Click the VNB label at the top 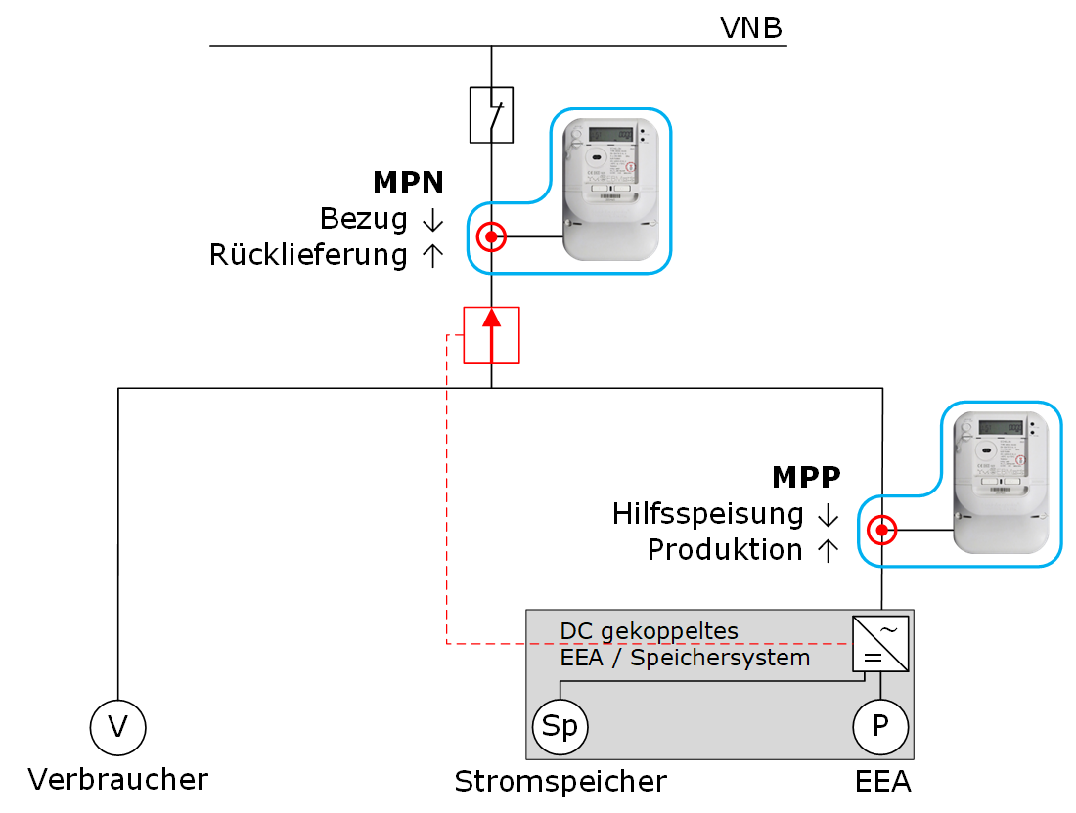coord(750,28)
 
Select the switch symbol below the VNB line coord(491,115)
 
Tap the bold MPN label coord(408,182)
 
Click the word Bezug coord(364,219)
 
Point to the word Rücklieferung coord(308,255)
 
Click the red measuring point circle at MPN coord(491,236)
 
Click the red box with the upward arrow coord(491,334)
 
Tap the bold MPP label coord(806,477)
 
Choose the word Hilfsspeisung coord(708,513)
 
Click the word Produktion coord(725,549)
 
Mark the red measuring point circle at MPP coord(882,531)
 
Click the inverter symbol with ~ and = coord(880,643)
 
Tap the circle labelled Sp coord(560,727)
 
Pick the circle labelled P coord(880,726)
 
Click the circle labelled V coord(118,726)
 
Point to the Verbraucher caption coord(118,780)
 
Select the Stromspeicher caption coord(560,782)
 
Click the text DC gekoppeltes coord(649,630)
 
